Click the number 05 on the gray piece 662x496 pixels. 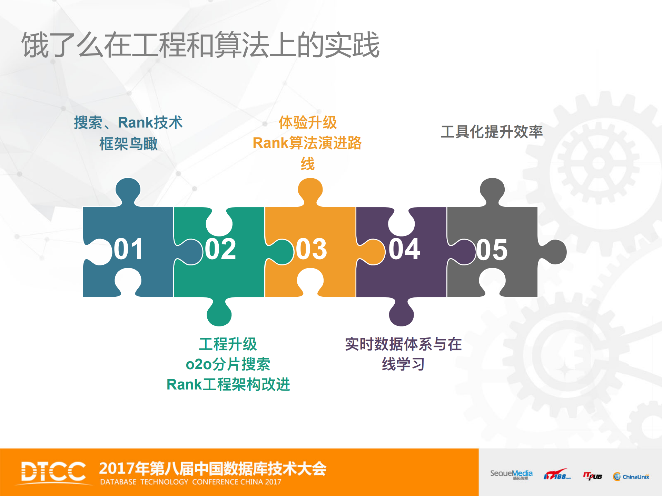[492, 250]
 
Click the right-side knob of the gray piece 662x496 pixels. [554, 252]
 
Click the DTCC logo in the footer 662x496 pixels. [53, 472]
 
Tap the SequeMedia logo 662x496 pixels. [511, 474]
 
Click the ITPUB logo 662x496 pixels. [593, 476]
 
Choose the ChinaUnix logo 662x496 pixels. [631, 476]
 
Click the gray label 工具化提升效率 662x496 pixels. [492, 132]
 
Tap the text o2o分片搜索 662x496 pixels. [228, 364]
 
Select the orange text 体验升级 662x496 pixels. [307, 122]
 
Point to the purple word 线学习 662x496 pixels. [403, 364]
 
